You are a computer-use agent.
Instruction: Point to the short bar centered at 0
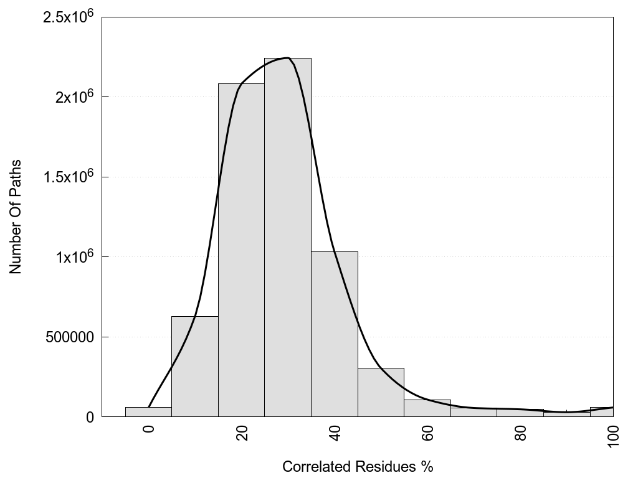148,412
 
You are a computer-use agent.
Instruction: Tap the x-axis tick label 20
242,432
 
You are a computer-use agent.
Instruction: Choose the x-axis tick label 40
335,432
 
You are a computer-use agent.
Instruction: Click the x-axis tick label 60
427,432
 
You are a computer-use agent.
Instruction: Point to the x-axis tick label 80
521,432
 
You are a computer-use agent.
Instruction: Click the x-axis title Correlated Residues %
357,466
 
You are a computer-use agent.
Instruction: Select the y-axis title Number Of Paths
16,217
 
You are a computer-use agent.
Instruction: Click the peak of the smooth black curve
287,58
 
